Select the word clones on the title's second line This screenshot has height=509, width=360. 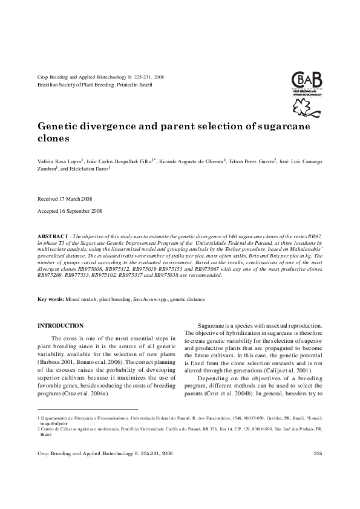[x=54, y=138]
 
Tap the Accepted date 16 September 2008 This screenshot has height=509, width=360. [x=70, y=211]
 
